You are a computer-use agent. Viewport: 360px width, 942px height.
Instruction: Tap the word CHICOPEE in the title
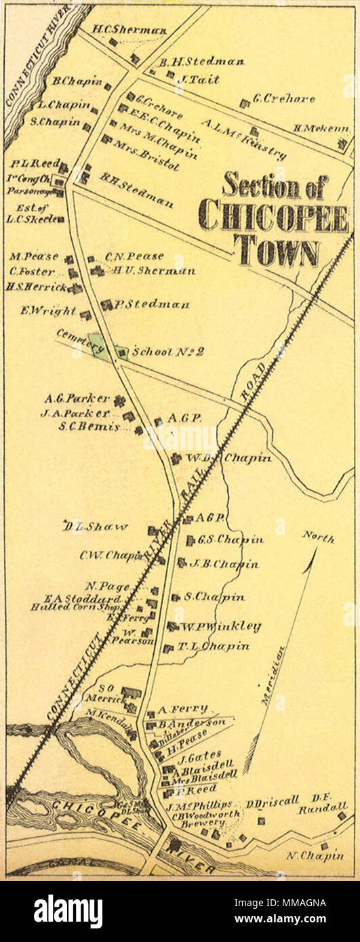273,217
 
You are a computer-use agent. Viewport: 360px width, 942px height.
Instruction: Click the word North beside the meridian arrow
318,539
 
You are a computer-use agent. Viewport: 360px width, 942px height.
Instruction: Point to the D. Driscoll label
272,803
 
